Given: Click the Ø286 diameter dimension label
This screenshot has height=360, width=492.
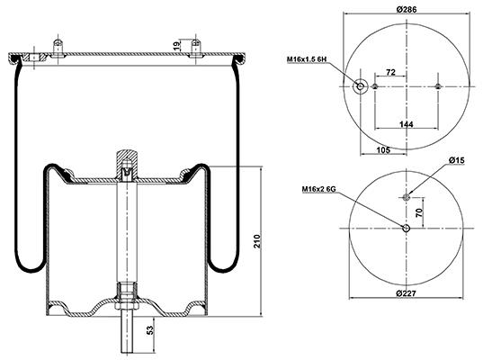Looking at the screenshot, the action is [x=407, y=9].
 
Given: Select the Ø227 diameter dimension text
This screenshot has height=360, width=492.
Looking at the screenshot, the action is [x=406, y=293].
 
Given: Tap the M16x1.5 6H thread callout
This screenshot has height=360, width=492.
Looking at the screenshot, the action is [x=307, y=59].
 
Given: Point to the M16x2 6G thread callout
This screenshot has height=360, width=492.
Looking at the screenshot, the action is [x=318, y=189].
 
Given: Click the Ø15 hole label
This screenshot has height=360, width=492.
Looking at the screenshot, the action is [x=457, y=160].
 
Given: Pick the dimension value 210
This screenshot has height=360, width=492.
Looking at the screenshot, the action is [x=257, y=240].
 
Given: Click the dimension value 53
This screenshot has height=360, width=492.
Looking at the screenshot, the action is [x=151, y=330].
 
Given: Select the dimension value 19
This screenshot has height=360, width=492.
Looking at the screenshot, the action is [x=177, y=46].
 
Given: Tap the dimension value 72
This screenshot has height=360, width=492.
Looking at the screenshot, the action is [x=390, y=72].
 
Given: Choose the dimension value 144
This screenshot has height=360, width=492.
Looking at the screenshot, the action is [x=407, y=124].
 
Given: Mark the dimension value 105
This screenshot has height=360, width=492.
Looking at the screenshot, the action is [x=383, y=150].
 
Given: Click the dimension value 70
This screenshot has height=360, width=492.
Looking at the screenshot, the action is [x=419, y=212].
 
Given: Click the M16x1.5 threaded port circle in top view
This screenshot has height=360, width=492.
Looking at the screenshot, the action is [x=360, y=86].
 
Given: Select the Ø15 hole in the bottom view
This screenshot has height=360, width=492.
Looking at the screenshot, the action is [x=407, y=197].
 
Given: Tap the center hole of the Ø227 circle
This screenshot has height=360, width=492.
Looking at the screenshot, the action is [x=407, y=229].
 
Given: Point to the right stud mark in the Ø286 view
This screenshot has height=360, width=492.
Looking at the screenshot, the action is [x=438, y=86].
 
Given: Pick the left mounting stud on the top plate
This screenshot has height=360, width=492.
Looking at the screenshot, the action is [x=57, y=48].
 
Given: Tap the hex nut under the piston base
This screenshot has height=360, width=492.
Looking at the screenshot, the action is [x=127, y=306].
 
